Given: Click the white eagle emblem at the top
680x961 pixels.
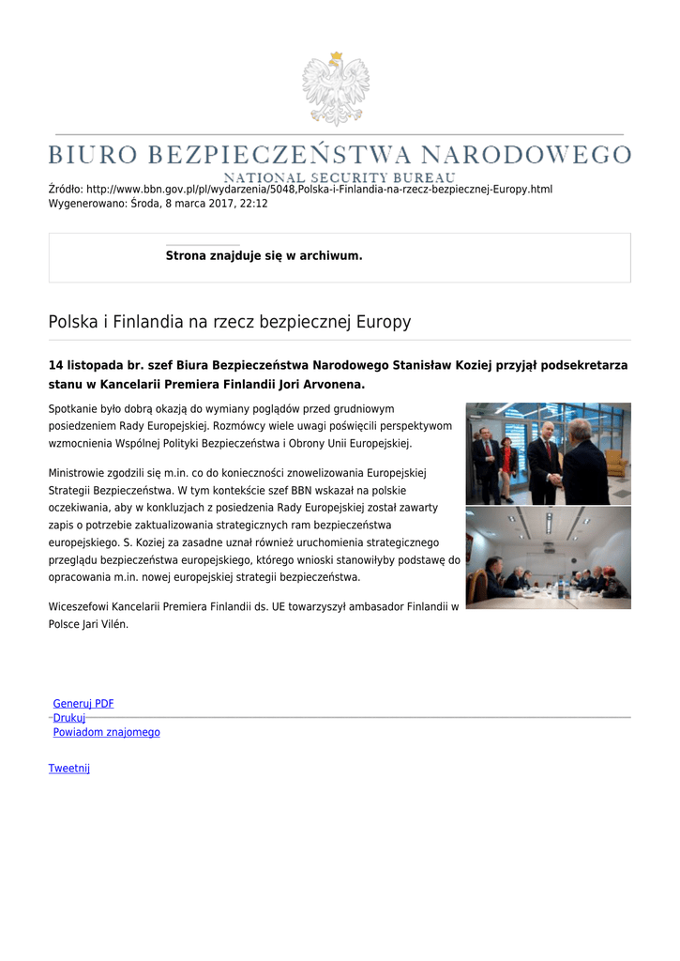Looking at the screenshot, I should tap(335, 88).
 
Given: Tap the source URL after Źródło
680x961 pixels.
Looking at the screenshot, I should tap(319, 190).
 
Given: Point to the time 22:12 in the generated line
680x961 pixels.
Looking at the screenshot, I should tap(254, 204).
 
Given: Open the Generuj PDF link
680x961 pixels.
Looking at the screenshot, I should tap(83, 704).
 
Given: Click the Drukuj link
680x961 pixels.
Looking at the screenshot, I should tap(69, 718).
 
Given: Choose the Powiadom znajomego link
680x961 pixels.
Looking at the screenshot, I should tap(106, 732).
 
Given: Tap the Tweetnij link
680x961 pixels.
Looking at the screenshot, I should tap(69, 768).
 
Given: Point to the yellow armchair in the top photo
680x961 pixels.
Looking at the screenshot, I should tap(616, 462).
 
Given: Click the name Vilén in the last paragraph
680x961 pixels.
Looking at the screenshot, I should tap(109, 624).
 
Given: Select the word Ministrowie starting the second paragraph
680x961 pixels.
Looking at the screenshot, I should tap(78, 472).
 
